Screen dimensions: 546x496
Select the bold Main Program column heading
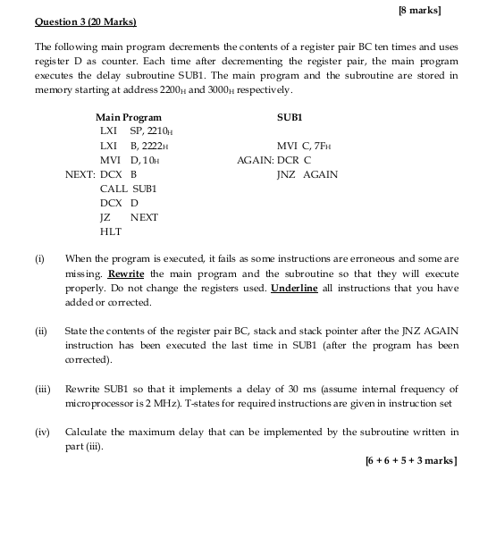(129, 117)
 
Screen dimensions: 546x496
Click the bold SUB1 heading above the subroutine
(290, 117)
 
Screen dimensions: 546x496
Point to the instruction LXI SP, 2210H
(135, 131)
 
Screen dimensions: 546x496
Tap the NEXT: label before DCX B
(80, 174)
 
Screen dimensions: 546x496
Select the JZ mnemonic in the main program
(105, 217)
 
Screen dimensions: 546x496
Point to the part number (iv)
(42, 432)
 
